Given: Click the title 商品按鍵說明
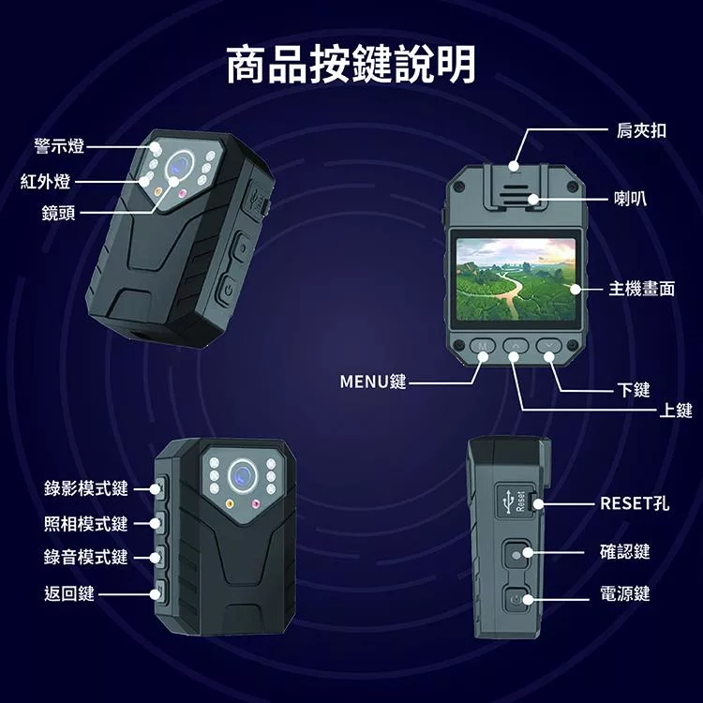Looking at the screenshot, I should point(351,65).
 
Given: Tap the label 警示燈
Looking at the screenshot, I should point(59,146).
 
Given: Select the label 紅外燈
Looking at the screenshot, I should point(45,180).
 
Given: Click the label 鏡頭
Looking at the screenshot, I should point(59,213).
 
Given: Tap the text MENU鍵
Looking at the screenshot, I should point(372,382).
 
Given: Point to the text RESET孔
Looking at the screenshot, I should point(635,504).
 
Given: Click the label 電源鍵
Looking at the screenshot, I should point(625,594).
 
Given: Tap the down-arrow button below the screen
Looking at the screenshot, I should point(548,346).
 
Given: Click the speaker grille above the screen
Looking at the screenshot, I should point(514,196).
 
